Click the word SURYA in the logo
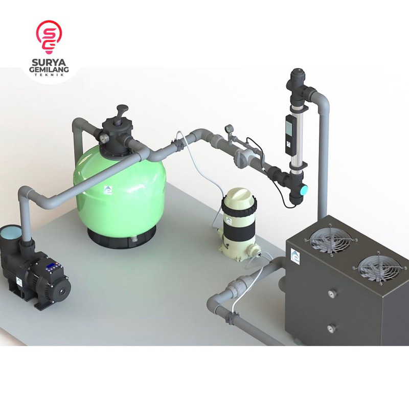pyautogui.click(x=49, y=62)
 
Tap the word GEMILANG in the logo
pyautogui.click(x=49, y=70)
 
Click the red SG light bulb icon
pyautogui.click(x=49, y=35)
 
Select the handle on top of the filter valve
pyautogui.click(x=122, y=110)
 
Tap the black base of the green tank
pyautogui.click(x=122, y=238)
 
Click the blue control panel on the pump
pyautogui.click(x=54, y=266)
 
